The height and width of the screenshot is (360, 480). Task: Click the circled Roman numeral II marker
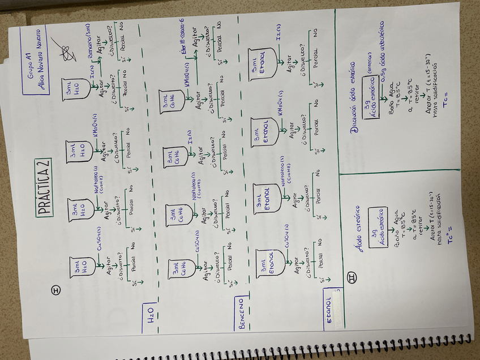click(351, 280)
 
